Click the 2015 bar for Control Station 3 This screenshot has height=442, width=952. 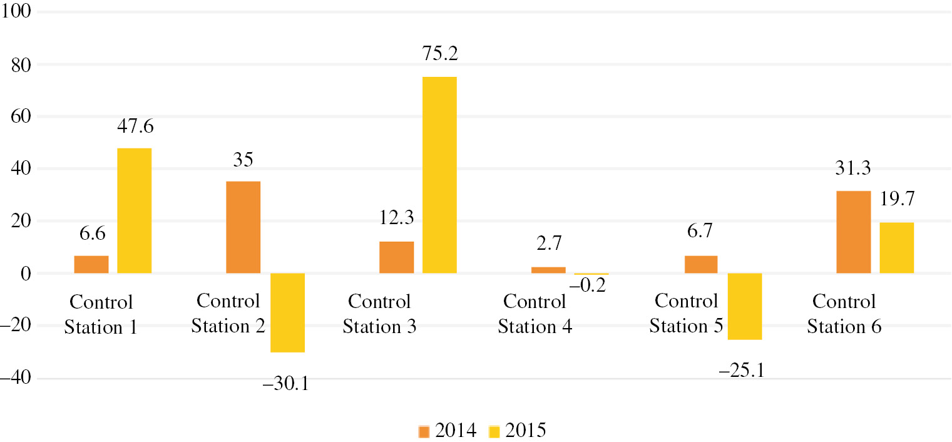(x=439, y=175)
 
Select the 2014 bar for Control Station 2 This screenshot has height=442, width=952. (x=243, y=227)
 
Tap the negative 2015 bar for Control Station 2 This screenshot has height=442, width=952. (x=287, y=313)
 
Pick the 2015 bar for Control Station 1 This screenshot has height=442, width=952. (x=135, y=211)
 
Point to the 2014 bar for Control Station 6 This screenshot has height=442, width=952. (x=854, y=232)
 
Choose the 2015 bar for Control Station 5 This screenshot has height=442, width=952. (x=745, y=307)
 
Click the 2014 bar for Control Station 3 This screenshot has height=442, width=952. (x=396, y=257)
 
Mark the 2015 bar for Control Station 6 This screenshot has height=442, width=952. (x=896, y=248)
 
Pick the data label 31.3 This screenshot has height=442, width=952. (x=852, y=169)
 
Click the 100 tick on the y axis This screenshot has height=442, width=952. (x=21, y=13)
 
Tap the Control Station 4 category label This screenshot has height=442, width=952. (x=535, y=314)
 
